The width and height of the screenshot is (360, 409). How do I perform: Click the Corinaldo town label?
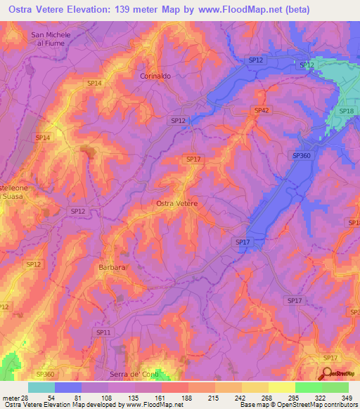(155, 76)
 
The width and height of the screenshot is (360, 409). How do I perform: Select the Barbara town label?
(112, 268)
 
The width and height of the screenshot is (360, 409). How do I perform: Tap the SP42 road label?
(262, 110)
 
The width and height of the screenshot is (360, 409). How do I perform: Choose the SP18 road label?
(346, 111)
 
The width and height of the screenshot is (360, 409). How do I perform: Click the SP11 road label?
(103, 332)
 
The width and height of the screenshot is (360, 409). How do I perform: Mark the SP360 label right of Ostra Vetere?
(301, 156)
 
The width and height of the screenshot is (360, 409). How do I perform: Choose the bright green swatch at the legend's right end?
(335, 387)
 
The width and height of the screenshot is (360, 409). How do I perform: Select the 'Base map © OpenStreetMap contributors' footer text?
(298, 405)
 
